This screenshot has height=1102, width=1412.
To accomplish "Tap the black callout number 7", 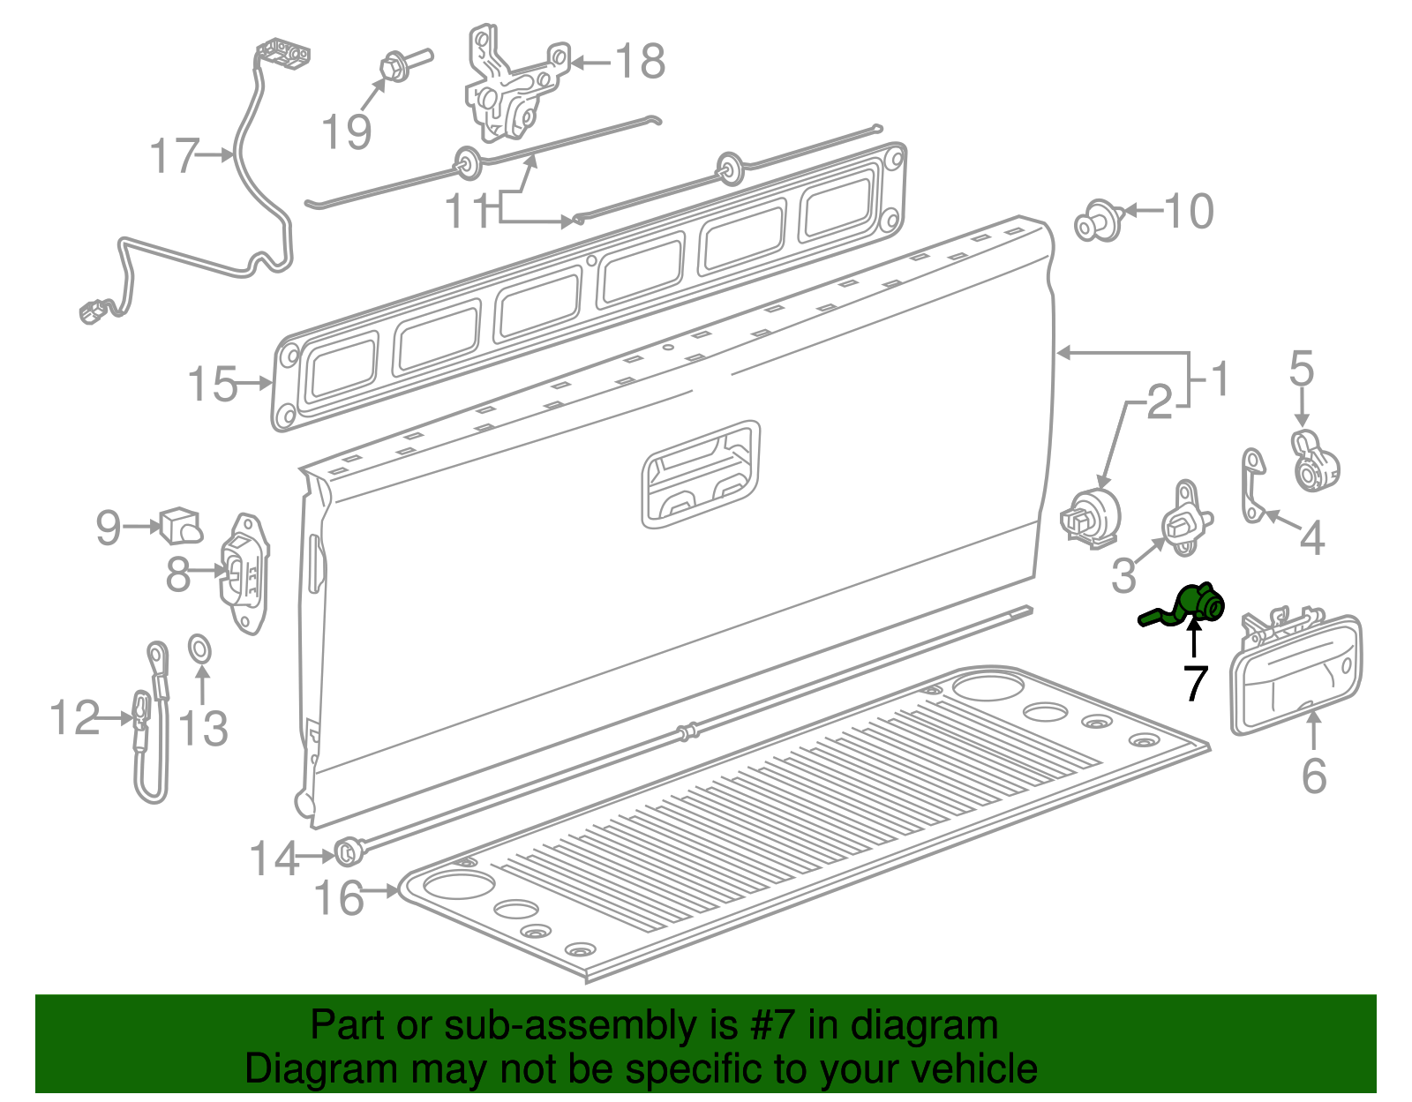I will click(1196, 683).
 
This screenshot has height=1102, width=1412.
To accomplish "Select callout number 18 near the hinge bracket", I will click(640, 62).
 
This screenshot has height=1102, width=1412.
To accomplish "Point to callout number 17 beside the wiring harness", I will click(175, 156).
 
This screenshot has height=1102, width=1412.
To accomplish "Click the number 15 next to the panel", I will click(213, 385).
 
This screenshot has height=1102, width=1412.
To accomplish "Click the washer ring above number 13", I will click(200, 650).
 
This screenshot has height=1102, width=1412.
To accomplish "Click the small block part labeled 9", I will click(180, 525).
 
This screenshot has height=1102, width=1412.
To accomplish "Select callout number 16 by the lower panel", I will click(339, 898).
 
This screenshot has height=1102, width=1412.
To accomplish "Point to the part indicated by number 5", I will click(1314, 460).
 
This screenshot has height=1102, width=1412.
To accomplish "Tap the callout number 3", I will click(1123, 575).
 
